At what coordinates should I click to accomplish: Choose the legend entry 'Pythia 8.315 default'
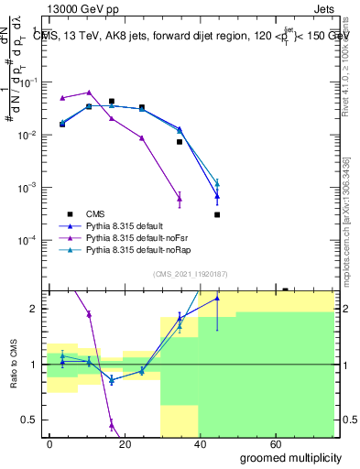125,224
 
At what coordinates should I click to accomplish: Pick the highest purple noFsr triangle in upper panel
89,93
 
